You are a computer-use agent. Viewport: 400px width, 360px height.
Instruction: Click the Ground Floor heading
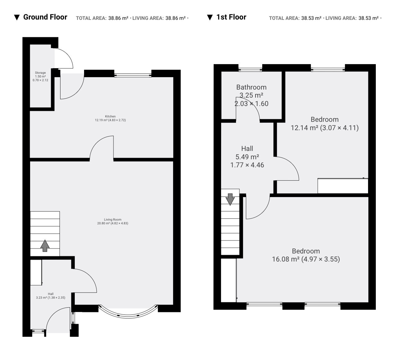click(x=45, y=17)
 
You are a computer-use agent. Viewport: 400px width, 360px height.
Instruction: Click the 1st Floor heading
click(x=231, y=17)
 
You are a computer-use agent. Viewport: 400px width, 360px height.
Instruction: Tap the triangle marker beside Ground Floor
click(x=17, y=18)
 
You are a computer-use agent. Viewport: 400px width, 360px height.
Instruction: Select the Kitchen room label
click(x=110, y=116)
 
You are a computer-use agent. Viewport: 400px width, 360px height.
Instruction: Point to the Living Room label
click(x=113, y=220)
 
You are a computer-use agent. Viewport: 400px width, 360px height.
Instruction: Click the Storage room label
click(x=40, y=73)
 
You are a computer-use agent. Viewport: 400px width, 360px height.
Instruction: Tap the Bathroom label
click(x=251, y=87)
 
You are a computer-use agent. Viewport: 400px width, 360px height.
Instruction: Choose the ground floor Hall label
click(x=51, y=294)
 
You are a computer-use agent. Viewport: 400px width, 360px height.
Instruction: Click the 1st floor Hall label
click(x=247, y=149)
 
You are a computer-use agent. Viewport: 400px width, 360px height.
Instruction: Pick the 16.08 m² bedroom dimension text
click(x=306, y=259)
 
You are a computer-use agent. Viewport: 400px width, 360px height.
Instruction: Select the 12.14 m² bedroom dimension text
click(x=325, y=128)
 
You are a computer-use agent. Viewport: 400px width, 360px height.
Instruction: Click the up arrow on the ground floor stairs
click(x=45, y=246)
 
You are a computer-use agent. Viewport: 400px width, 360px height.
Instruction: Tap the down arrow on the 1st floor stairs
click(x=230, y=199)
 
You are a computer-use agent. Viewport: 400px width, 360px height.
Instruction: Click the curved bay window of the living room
click(x=128, y=316)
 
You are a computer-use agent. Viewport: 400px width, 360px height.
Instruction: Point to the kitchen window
click(x=133, y=75)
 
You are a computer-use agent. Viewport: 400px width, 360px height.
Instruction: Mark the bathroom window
click(x=250, y=70)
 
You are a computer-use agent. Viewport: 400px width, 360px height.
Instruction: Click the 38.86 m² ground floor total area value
click(x=118, y=18)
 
